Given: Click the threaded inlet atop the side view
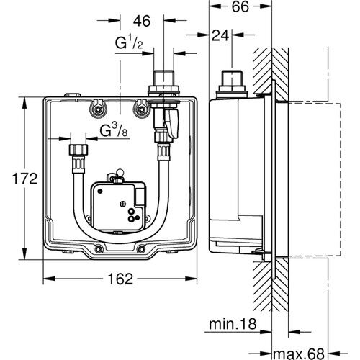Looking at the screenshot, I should tap(230, 77).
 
